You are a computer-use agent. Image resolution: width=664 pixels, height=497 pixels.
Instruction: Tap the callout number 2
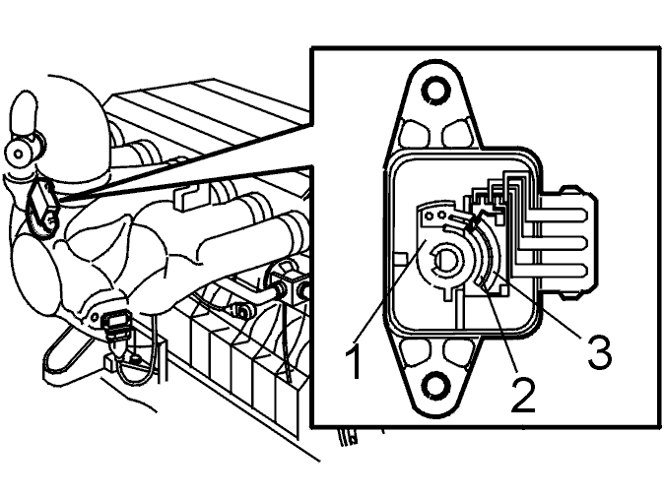click(x=523, y=395)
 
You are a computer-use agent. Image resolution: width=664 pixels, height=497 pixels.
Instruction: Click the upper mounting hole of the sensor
click(x=435, y=90)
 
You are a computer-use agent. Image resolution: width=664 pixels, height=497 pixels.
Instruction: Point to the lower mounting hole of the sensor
click(x=435, y=385)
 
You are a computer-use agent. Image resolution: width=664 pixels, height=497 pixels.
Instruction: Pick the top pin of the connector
click(x=556, y=216)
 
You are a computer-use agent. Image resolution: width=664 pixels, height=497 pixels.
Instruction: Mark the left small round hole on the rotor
click(x=430, y=217)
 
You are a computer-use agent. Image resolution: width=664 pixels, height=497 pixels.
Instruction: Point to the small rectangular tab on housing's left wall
click(x=400, y=258)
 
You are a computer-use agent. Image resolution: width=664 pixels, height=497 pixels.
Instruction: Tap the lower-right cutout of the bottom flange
click(x=458, y=352)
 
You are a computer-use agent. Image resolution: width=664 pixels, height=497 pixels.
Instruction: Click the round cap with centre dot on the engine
click(x=18, y=154)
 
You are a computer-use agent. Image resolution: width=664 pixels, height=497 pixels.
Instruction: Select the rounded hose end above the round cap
click(x=25, y=112)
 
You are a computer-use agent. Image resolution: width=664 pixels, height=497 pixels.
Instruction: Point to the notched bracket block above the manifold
click(x=187, y=196)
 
